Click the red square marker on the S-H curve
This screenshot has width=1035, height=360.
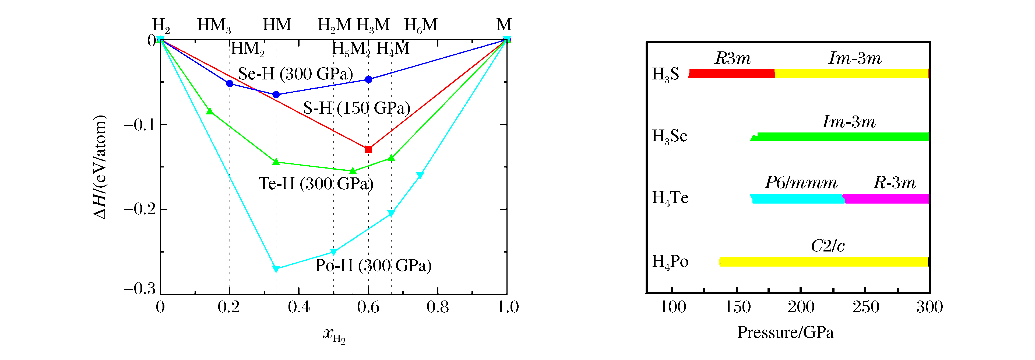368,149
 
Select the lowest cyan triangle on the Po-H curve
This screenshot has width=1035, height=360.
276,269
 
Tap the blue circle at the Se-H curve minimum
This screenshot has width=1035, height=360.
276,95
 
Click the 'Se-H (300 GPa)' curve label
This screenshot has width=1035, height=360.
296,74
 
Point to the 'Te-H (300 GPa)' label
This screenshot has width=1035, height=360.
316,184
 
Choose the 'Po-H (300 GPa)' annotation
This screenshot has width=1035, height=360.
373,265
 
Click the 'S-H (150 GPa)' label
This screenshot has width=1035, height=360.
356,108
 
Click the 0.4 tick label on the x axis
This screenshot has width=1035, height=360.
299,307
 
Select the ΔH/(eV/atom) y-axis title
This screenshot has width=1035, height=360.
100,167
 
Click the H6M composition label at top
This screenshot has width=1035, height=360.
421,25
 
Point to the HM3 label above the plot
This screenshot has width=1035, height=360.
214,25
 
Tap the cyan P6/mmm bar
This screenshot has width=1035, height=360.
798,198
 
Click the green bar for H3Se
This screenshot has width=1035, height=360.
842,137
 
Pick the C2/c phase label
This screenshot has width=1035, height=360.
828,246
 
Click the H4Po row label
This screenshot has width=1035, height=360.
670,262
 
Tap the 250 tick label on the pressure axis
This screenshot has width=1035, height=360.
865,307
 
